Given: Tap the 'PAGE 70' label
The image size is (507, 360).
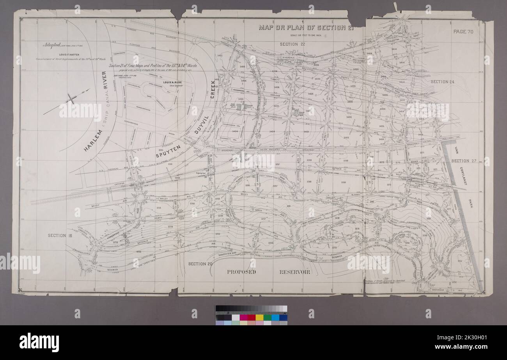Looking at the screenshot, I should click(x=463, y=32).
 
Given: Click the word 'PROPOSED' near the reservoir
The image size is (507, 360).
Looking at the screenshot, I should click(x=241, y=272).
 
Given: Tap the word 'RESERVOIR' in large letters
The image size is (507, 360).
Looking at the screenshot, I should click(x=294, y=272).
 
